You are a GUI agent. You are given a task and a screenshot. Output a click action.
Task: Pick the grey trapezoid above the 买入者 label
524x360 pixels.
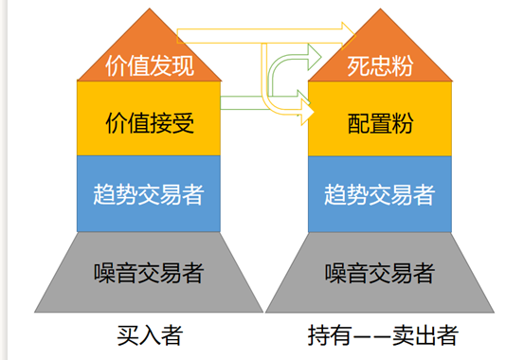coord(150,273)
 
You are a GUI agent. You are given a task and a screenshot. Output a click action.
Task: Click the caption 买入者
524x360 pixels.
coord(150,335)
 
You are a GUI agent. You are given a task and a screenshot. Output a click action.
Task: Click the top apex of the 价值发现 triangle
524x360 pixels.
coord(150,9)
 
